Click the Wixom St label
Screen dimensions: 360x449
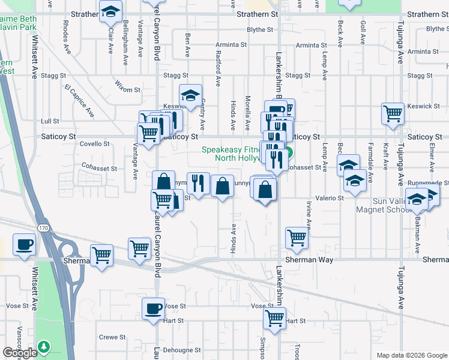[128, 90]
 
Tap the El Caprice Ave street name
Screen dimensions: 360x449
[80, 100]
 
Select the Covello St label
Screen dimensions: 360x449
[94, 144]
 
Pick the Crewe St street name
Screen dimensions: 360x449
[112, 337]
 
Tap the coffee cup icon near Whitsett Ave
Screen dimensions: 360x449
[24, 245]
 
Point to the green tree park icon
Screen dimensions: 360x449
[43, 347]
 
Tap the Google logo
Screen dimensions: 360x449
[20, 353]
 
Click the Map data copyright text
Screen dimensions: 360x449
[411, 355]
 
